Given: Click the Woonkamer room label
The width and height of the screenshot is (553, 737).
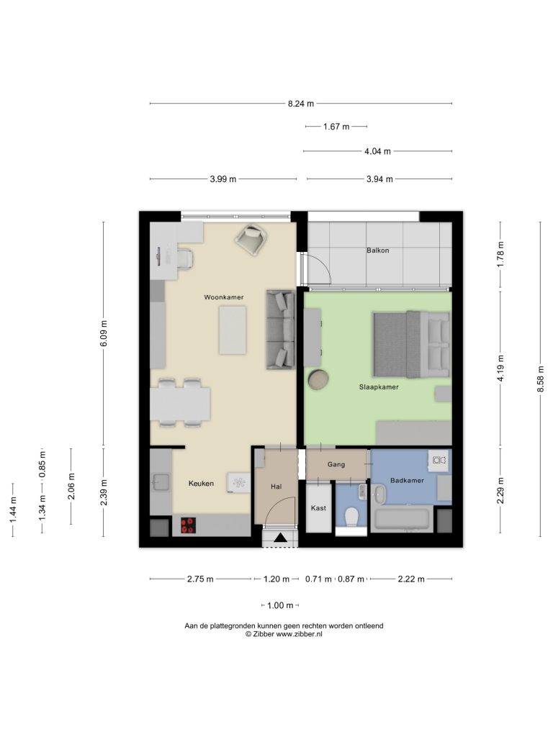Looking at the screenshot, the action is click(x=224, y=297).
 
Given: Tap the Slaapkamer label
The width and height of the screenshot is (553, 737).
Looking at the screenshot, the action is click(x=379, y=387).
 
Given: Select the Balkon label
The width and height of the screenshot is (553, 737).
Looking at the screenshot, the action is click(x=377, y=250).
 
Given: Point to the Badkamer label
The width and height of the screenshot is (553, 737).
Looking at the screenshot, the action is click(x=407, y=480).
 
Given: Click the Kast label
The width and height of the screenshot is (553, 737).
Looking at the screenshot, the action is click(x=318, y=508).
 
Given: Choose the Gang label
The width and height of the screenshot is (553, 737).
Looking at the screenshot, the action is click(x=336, y=464).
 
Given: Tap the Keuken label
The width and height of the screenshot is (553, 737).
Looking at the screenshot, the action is click(x=201, y=483).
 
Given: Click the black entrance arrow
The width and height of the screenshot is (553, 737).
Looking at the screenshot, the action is click(x=280, y=538).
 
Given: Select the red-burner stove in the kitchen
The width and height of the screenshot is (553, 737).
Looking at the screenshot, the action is click(x=188, y=525).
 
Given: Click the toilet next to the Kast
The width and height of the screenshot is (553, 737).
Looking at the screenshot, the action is click(x=351, y=518).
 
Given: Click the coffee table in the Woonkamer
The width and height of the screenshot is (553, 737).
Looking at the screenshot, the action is click(x=233, y=330).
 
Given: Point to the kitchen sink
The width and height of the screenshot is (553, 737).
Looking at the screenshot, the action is click(x=161, y=482).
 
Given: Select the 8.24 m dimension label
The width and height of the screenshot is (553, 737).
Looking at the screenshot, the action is click(x=301, y=104).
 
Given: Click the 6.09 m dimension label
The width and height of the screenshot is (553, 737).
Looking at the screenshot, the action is click(x=104, y=333).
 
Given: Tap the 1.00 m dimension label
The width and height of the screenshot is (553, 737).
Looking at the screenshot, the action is click(x=280, y=605).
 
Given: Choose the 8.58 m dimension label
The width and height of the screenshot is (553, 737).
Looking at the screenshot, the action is click(x=540, y=379).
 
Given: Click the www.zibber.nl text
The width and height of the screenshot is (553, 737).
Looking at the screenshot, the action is click(x=299, y=633).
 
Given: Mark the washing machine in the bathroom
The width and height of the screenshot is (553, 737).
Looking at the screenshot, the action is click(x=439, y=460).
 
